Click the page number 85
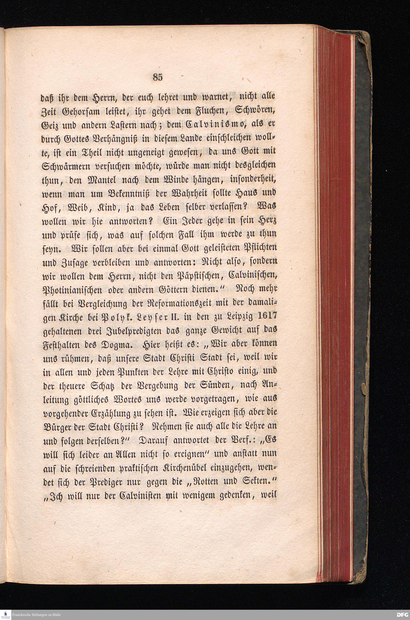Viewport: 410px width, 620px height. (x=158, y=77)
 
